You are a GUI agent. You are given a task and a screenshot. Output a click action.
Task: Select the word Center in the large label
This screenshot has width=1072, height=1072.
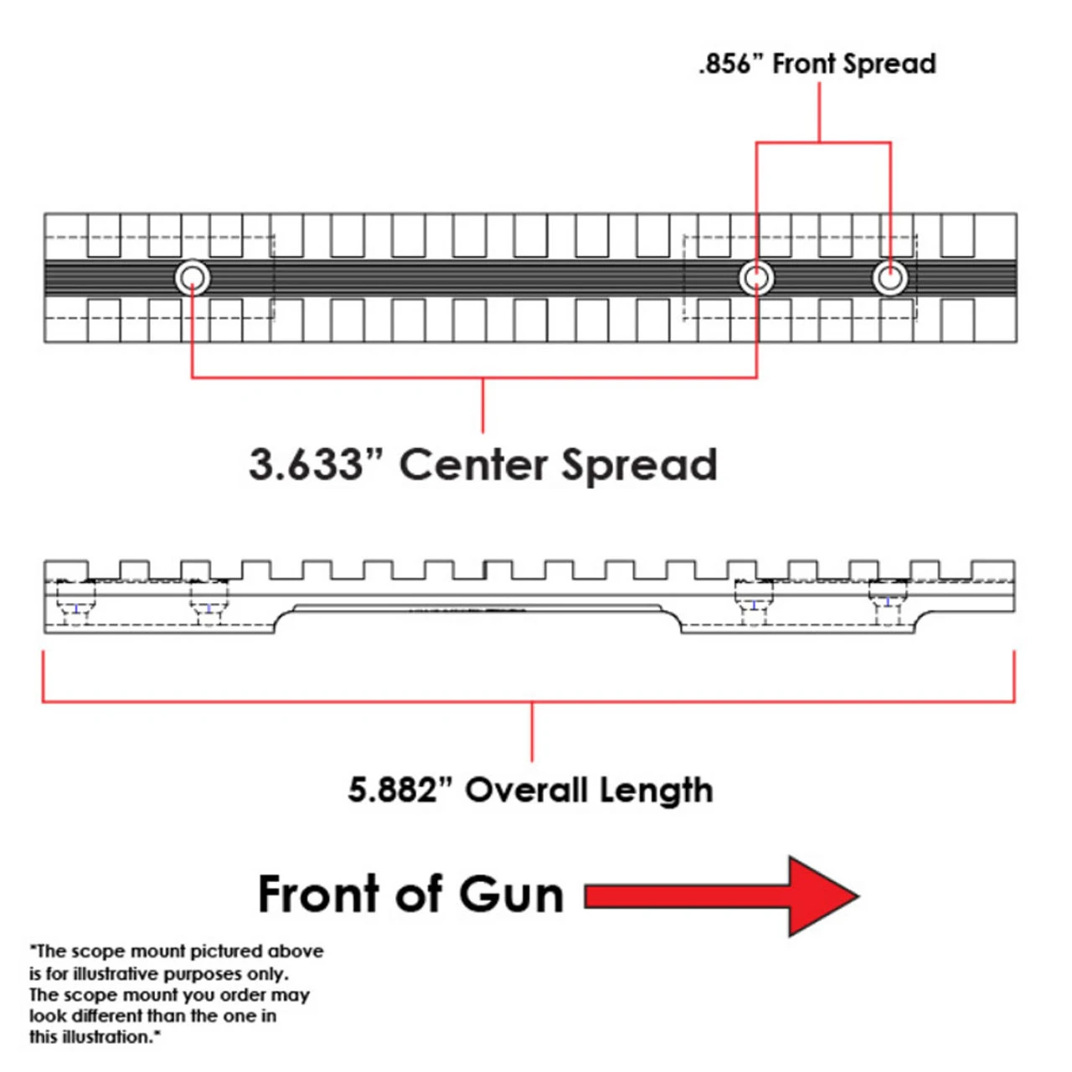pos(473,465)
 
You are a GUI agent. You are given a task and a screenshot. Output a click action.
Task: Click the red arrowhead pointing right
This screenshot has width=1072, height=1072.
pos(821,896)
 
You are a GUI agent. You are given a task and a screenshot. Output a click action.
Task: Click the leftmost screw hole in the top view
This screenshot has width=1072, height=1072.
pos(192,277)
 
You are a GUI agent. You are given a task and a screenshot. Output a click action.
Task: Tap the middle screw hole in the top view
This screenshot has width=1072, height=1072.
pos(756,277)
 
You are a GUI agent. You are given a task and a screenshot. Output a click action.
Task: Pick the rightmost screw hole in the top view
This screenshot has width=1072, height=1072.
pos(889,277)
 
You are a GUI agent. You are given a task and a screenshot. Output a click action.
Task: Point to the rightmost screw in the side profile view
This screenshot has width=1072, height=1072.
pos(888,600)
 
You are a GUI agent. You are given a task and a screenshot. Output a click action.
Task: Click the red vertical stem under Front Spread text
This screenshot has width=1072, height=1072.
pos(819,113)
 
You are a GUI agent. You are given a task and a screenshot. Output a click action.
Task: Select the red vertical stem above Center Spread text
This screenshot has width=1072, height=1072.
pos(482,405)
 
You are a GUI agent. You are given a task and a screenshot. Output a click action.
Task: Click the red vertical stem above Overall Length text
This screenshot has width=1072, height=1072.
pos(532,732)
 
